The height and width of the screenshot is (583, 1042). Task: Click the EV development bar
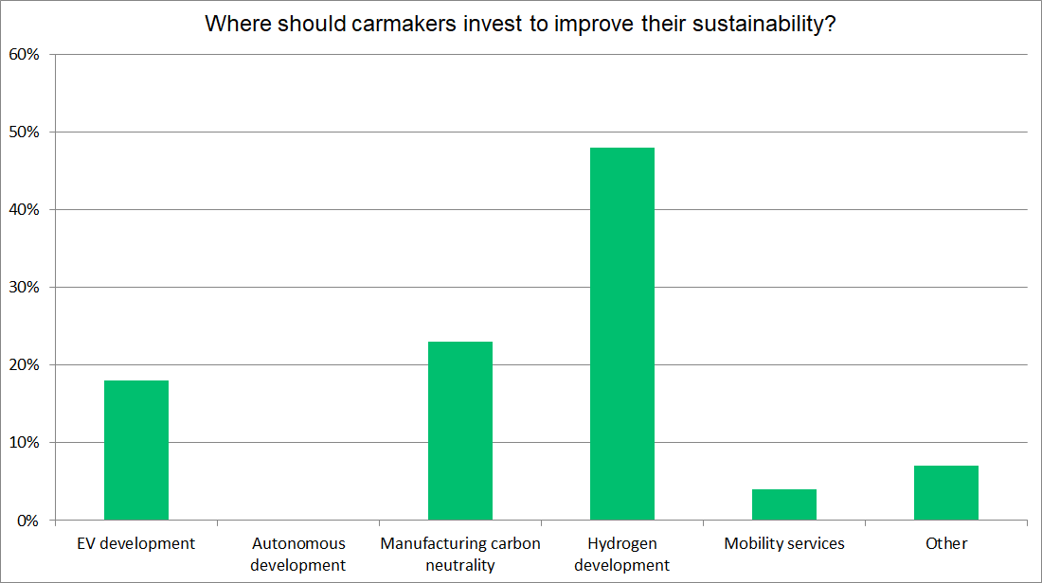click(136, 450)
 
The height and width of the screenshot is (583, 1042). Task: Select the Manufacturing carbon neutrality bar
click(460, 431)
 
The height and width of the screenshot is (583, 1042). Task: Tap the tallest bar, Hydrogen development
click(622, 333)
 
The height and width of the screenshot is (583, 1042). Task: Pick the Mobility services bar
click(784, 504)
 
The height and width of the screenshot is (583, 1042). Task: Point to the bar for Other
click(946, 492)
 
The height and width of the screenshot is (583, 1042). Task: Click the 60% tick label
click(25, 54)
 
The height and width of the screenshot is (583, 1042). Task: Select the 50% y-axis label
click(25, 132)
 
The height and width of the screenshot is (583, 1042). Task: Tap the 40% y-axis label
click(25, 209)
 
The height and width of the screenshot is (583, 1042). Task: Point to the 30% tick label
click(25, 287)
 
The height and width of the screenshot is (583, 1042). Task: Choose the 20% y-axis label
click(25, 364)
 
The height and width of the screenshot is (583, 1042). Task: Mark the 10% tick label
click(25, 442)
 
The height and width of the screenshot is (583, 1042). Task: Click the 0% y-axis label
click(28, 520)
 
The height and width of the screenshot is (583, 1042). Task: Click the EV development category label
click(136, 543)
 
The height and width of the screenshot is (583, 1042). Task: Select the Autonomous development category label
click(298, 554)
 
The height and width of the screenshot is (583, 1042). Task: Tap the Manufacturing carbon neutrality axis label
click(460, 554)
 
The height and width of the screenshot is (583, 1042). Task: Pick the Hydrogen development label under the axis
click(622, 554)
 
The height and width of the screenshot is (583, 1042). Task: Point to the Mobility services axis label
click(784, 543)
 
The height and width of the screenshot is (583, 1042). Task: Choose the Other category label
click(946, 543)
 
